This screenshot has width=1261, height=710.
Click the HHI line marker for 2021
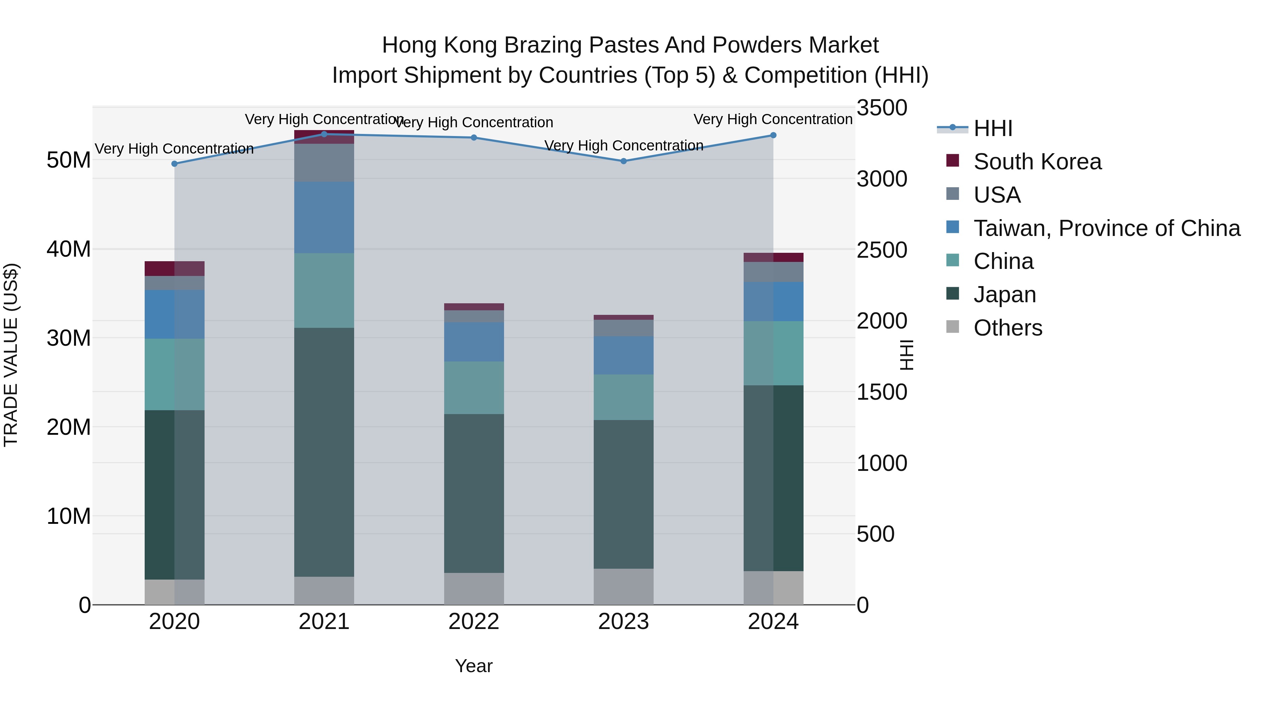pyautogui.click(x=324, y=134)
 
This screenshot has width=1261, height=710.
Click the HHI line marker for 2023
pyautogui.click(x=623, y=161)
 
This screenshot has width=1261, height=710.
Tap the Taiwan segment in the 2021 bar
pyautogui.click(x=324, y=217)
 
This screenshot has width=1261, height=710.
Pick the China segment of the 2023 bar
pyautogui.click(x=623, y=397)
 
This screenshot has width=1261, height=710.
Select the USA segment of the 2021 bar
pyautogui.click(x=324, y=162)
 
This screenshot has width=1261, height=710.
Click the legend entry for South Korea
pyautogui.click(x=1037, y=162)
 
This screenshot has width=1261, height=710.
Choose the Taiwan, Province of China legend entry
pyautogui.click(x=1106, y=228)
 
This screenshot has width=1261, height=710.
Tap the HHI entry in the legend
pyautogui.click(x=992, y=128)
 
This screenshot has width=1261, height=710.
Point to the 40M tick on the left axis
pyautogui.click(x=69, y=249)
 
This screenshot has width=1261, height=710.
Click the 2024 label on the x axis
pyautogui.click(x=773, y=622)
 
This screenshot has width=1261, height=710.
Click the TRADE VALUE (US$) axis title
pyautogui.click(x=11, y=355)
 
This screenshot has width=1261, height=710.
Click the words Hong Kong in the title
pyautogui.click(x=442, y=45)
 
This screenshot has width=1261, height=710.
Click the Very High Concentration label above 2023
pyautogui.click(x=623, y=146)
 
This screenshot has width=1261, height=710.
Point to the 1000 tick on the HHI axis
pyautogui.click(x=882, y=463)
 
